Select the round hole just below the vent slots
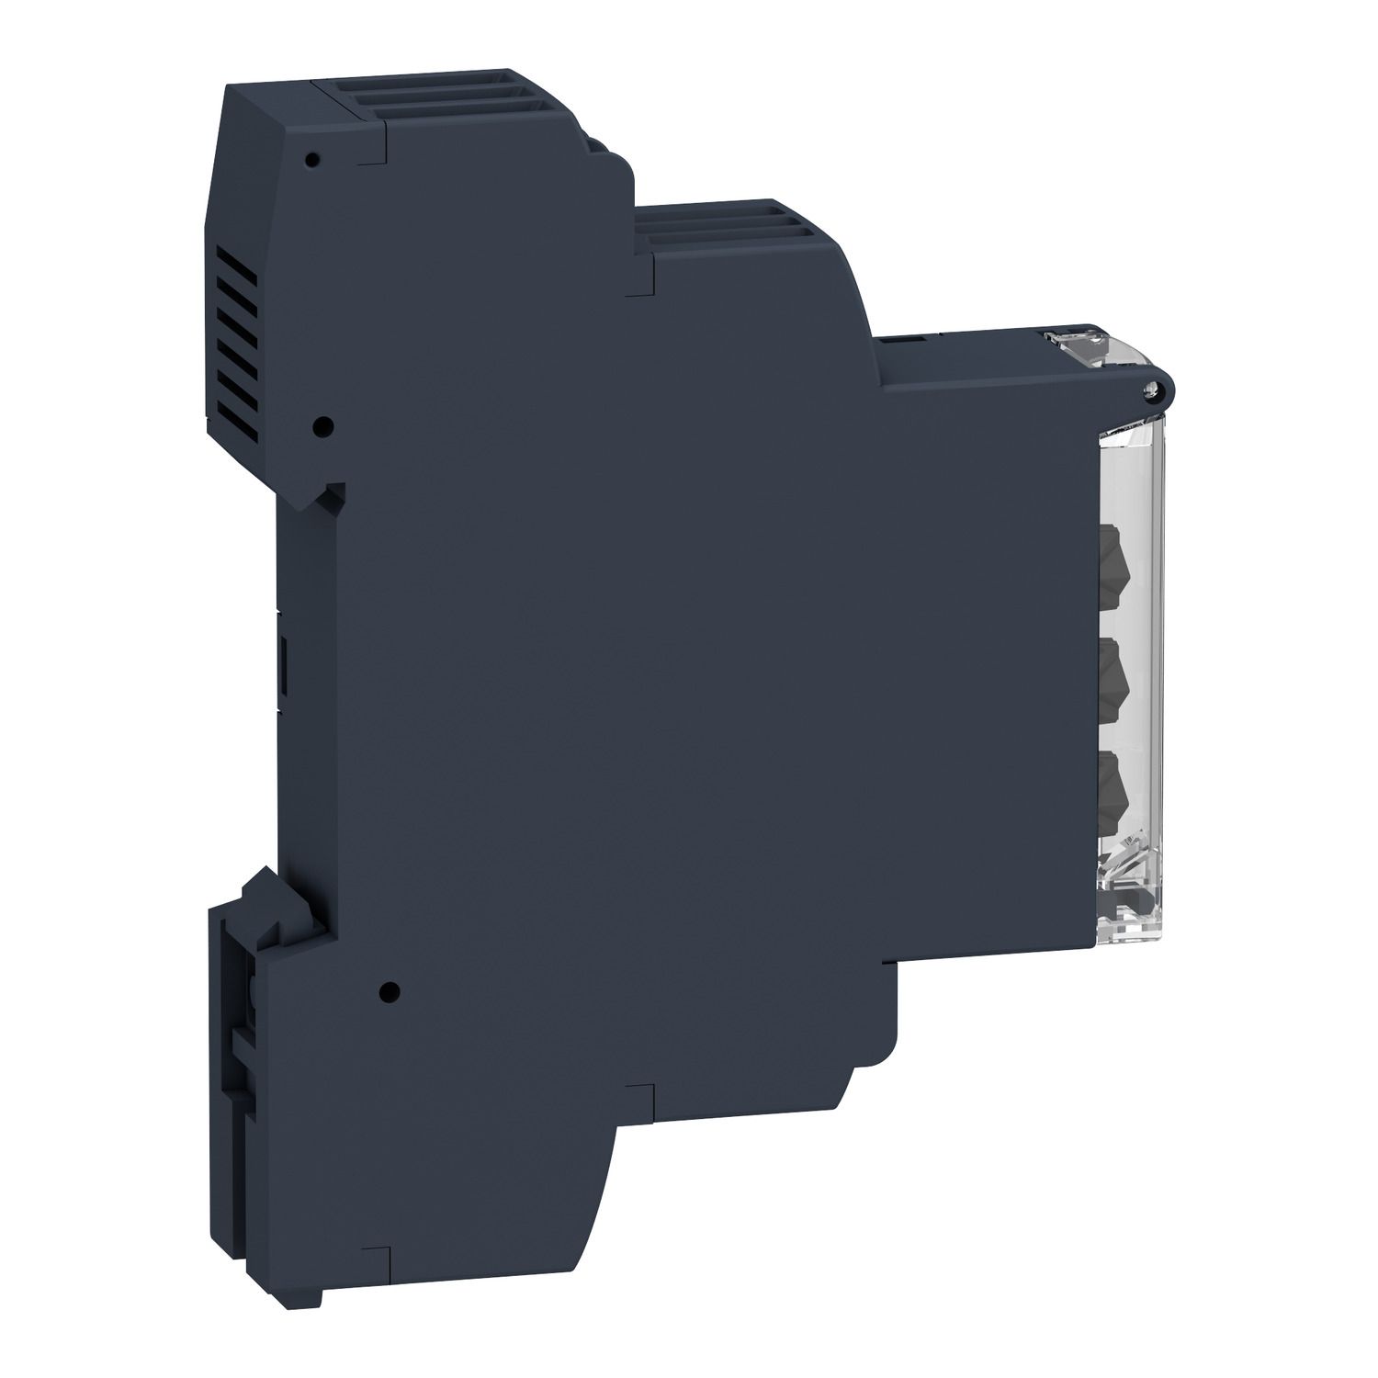click(x=322, y=426)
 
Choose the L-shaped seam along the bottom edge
click(x=638, y=1093)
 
